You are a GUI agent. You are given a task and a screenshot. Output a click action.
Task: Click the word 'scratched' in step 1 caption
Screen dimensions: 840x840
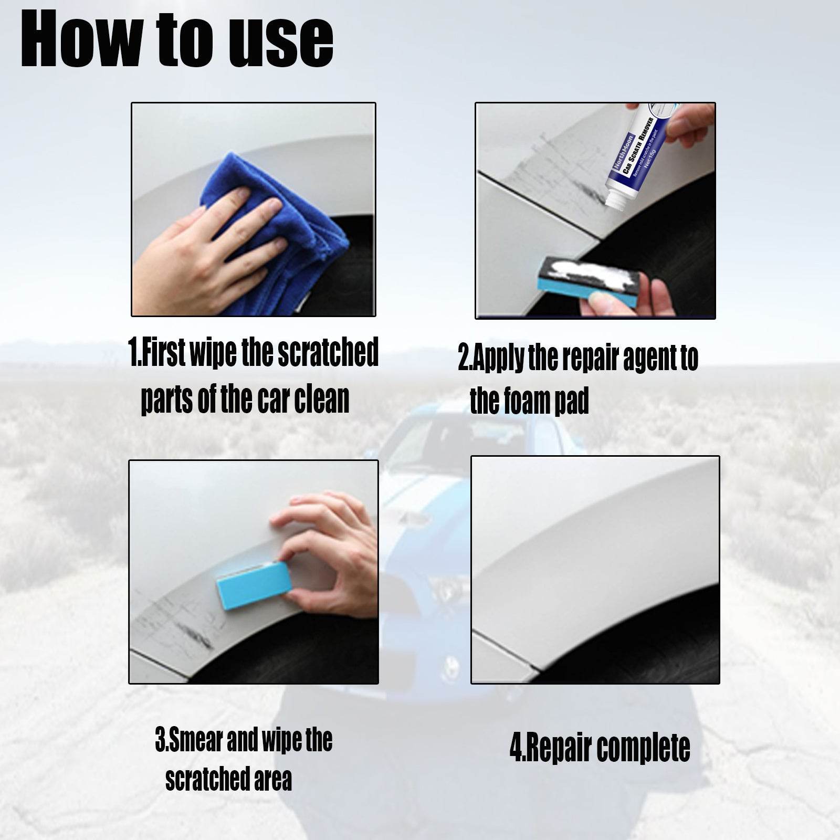(x=328, y=353)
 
